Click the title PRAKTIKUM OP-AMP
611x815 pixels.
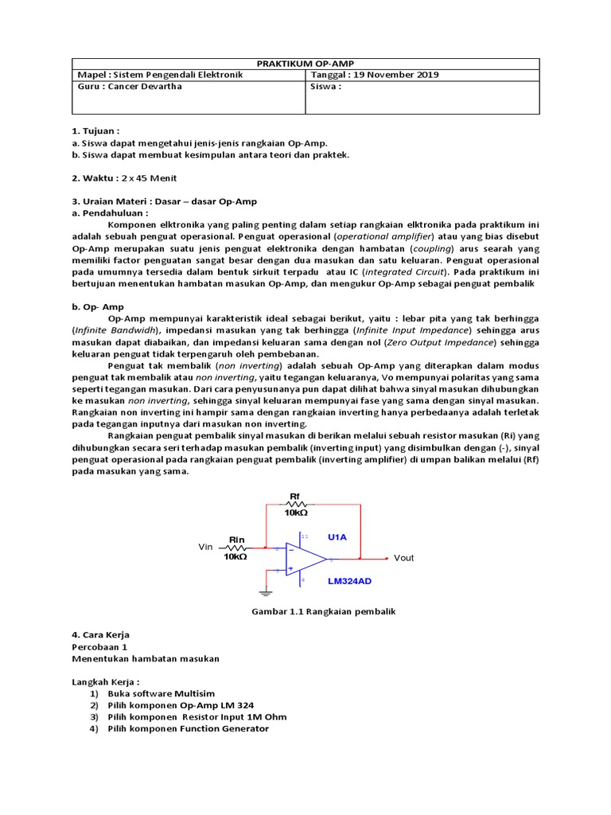pos(305,64)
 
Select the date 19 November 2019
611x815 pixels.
pos(399,75)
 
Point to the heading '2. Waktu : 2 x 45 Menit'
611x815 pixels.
pos(124,177)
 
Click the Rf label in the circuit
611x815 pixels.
pos(295,496)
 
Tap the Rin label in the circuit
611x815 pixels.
pos(236,540)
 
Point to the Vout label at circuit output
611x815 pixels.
pos(404,558)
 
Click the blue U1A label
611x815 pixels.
pos(337,537)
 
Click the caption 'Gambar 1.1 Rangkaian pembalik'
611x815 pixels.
pos(323,611)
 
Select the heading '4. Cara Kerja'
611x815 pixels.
pos(100,634)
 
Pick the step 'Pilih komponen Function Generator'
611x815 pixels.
pos(189,727)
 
